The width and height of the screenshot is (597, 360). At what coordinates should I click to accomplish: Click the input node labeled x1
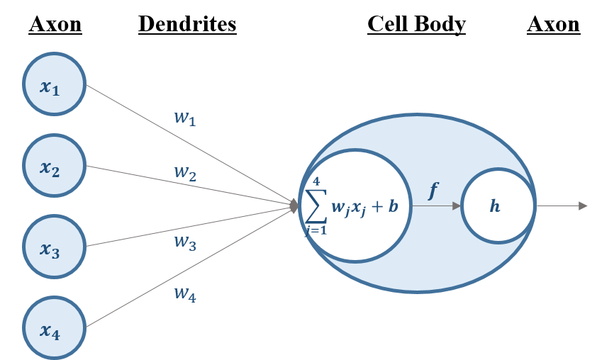(54, 84)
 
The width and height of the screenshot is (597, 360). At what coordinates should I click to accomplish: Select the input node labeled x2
(54, 166)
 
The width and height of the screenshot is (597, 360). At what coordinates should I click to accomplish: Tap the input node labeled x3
(54, 247)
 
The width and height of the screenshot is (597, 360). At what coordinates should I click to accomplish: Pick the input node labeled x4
(54, 327)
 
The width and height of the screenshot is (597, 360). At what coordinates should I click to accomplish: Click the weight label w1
(184, 118)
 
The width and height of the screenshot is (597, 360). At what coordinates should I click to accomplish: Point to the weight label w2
(185, 173)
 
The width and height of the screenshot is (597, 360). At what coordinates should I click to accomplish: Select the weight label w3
(185, 242)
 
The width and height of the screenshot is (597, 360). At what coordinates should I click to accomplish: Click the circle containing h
(497, 206)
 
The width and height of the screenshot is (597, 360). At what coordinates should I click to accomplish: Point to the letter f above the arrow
(433, 191)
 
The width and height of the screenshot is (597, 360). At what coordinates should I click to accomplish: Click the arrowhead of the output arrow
(584, 206)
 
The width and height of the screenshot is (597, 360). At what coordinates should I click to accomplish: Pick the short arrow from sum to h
(436, 206)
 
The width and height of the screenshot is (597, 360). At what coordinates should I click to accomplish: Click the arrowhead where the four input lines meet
(295, 206)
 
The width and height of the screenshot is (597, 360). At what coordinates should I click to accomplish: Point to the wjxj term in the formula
(347, 207)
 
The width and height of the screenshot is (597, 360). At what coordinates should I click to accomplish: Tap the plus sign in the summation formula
(376, 207)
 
